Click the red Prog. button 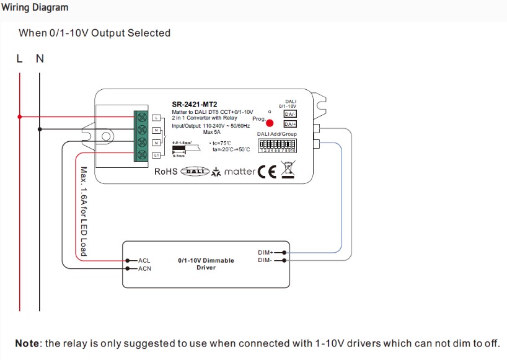click(x=270, y=122)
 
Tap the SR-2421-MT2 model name click(x=194, y=104)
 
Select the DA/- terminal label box click(x=289, y=113)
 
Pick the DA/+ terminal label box click(x=289, y=124)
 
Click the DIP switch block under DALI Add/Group click(x=278, y=144)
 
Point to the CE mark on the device click(x=267, y=172)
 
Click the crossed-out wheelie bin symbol click(x=286, y=170)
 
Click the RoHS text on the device click(x=165, y=172)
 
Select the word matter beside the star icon click(x=239, y=172)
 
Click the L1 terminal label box click(x=156, y=155)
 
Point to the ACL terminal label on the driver click(x=144, y=261)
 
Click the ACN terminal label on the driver click(x=144, y=268)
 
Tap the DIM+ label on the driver click(x=265, y=252)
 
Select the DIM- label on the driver click(x=265, y=260)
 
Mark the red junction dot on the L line click(x=20, y=116)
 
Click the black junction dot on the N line click(x=40, y=129)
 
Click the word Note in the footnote click(x=27, y=343)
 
